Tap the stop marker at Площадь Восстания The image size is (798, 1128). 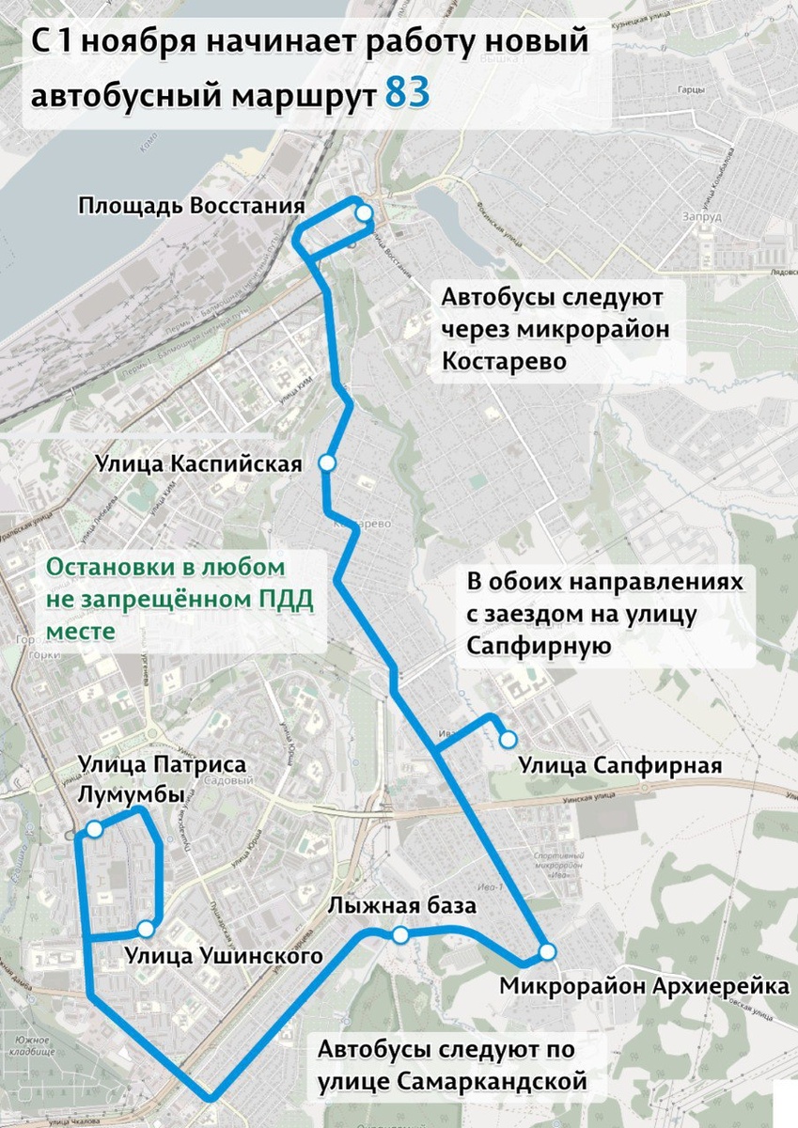click(364, 215)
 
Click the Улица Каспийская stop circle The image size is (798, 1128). click(327, 462)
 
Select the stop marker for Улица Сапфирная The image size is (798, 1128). click(508, 739)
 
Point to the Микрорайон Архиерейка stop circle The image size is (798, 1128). click(547, 951)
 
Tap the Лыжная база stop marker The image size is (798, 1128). click(400, 934)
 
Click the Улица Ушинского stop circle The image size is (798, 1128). click(145, 929)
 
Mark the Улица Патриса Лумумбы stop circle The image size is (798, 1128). click(95, 829)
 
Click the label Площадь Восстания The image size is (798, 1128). click(192, 206)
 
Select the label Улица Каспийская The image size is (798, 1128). click(198, 464)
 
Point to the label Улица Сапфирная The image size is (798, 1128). click(619, 766)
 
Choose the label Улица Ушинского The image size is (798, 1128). click(223, 957)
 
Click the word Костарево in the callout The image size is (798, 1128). click(504, 361)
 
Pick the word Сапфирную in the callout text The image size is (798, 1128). click(540, 646)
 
